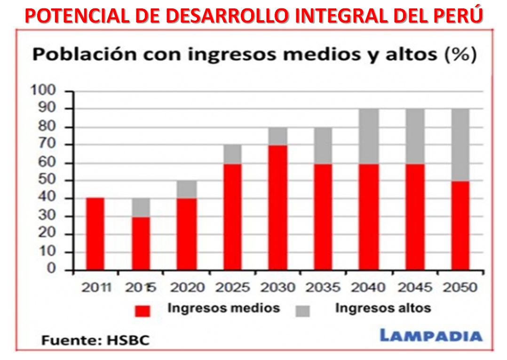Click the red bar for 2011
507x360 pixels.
click(x=95, y=234)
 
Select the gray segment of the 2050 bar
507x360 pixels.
click(x=458, y=144)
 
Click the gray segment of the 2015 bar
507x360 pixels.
click(x=141, y=207)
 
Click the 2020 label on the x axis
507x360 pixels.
click(x=187, y=287)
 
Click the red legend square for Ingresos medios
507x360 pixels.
click(x=143, y=311)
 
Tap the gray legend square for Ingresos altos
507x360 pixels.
click(x=303, y=311)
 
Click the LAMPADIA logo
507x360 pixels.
click(x=431, y=336)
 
